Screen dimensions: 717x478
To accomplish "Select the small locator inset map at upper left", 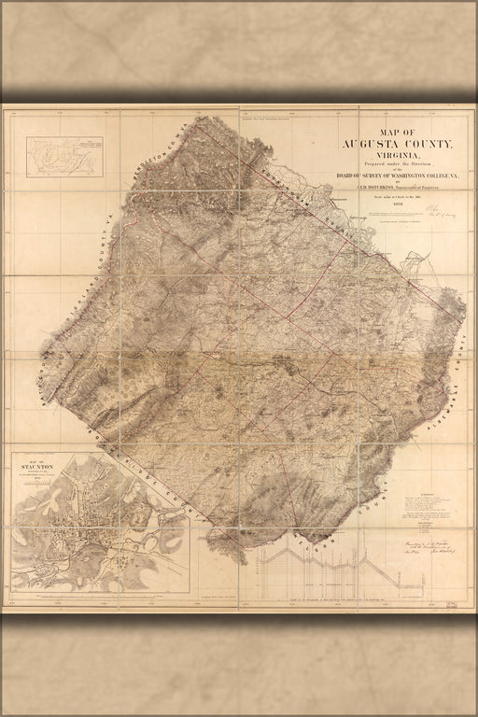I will tap(63, 156).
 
